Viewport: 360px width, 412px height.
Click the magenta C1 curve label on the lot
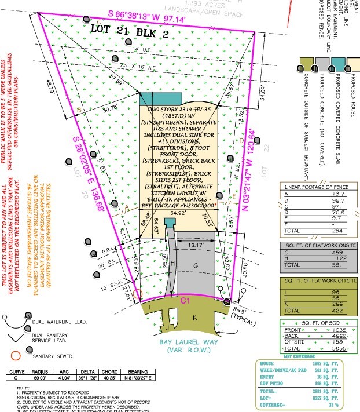(x=185, y=301)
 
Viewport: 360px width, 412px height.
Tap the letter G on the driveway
(x=196, y=265)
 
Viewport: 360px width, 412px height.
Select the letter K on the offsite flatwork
(x=194, y=318)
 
